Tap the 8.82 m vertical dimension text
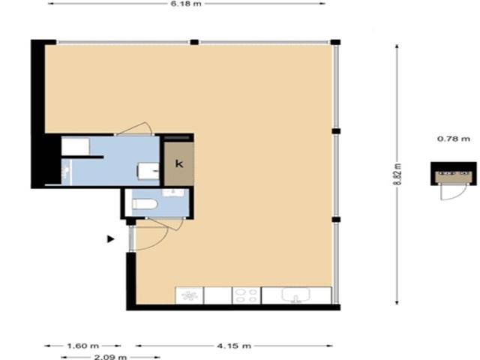(x=398, y=177)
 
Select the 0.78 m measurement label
(x=453, y=139)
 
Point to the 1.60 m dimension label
(x=82, y=346)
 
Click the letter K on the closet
(x=178, y=163)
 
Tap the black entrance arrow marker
(x=111, y=239)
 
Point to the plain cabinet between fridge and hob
(x=217, y=296)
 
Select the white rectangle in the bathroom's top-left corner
(x=75, y=145)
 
